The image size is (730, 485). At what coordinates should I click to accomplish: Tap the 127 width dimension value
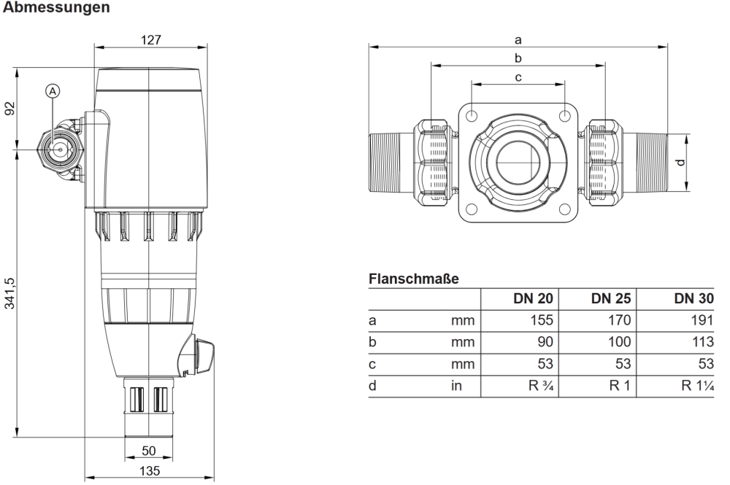point(151,39)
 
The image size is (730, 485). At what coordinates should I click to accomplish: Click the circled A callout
point(52,90)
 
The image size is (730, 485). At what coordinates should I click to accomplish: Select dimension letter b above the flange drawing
point(518,58)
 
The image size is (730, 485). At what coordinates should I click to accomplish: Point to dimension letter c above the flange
point(518,77)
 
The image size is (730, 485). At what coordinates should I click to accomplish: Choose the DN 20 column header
point(533,298)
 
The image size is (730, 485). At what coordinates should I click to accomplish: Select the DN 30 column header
point(693,298)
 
